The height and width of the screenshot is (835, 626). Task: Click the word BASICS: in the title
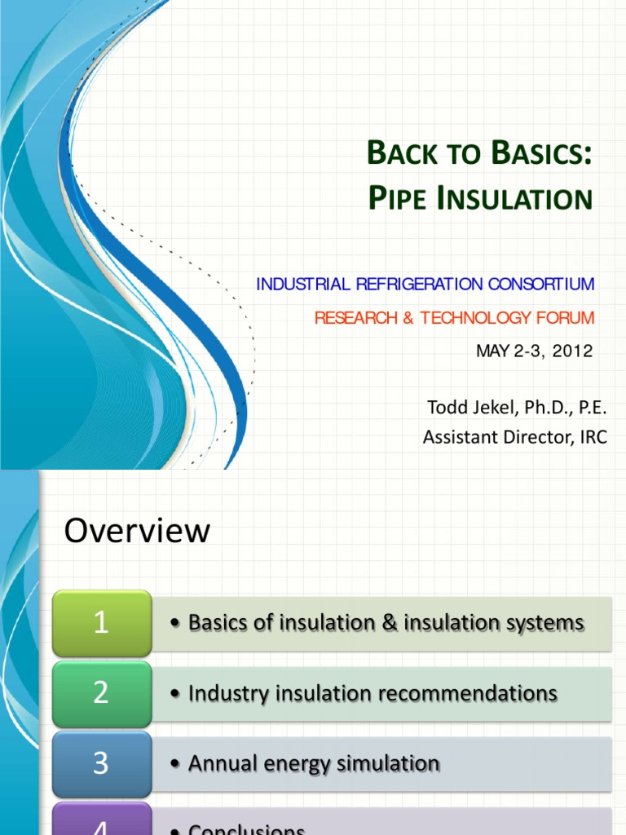tap(536, 153)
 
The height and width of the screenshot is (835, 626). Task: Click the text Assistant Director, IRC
tap(514, 437)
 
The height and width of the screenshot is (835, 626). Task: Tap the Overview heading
tap(137, 532)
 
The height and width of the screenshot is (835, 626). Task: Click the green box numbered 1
tap(101, 623)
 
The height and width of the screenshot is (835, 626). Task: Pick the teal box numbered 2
tap(101, 693)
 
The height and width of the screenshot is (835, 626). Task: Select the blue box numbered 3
tap(101, 763)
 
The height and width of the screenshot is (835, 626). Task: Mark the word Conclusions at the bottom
tap(246, 828)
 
